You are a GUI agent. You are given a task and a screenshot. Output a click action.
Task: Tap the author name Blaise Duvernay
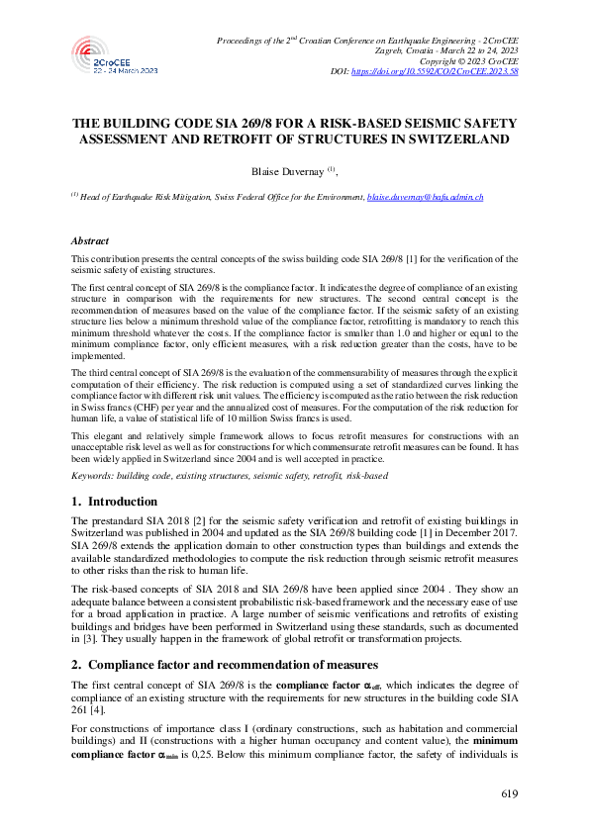coord(287,171)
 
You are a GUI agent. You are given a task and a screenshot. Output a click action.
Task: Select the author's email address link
coord(426,198)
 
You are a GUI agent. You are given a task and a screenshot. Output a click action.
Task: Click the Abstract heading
coord(90,240)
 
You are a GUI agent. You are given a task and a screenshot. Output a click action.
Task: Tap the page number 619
coord(508,793)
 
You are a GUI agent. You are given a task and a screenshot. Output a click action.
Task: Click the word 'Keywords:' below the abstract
coord(93,476)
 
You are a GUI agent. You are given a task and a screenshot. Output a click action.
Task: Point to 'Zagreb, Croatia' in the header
coord(406,50)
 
